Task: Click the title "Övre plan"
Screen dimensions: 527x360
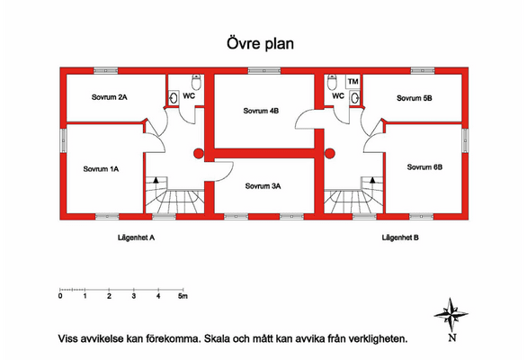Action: coord(260,44)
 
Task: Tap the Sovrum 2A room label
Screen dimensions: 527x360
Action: coord(109,97)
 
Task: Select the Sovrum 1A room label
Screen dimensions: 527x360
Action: coord(101,169)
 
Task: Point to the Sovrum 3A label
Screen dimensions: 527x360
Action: coord(263,186)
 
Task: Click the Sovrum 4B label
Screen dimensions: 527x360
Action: coord(261,111)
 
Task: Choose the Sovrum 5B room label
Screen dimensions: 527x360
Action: coord(415,98)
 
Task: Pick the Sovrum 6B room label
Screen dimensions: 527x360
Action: coord(424,166)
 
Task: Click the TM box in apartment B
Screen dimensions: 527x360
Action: coord(353,82)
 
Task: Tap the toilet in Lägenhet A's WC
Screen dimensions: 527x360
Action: coord(196,82)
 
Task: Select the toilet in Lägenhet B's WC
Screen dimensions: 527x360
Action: coord(332,82)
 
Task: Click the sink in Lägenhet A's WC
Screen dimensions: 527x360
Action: coord(174,97)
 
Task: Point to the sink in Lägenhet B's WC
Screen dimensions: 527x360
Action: coord(355,98)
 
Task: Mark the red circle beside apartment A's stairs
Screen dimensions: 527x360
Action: coord(199,154)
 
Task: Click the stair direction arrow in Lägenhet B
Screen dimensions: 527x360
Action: coord(372,180)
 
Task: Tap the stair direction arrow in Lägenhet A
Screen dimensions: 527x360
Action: coord(156,180)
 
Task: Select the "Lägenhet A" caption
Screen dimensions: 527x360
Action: coord(136,238)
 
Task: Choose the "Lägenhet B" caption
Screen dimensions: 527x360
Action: coord(400,238)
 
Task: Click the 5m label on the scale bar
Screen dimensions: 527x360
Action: coord(183,296)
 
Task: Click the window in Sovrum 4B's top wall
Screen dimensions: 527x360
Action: coord(264,71)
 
